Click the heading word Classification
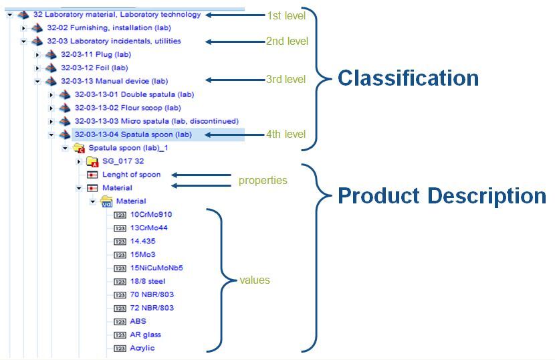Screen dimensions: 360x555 click(408, 78)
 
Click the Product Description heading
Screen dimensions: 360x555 click(442, 196)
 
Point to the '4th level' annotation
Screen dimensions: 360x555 click(286, 134)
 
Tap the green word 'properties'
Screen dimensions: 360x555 click(263, 181)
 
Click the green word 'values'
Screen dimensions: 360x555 click(255, 280)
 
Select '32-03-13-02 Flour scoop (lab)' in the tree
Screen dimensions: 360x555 click(128, 108)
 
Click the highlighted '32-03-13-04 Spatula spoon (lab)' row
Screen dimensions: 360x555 click(133, 134)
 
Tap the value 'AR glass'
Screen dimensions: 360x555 click(146, 335)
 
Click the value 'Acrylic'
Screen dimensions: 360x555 click(143, 348)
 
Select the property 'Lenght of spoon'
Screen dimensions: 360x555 click(131, 175)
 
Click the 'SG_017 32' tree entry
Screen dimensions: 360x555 click(122, 161)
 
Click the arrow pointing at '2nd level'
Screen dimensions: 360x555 click(234, 41)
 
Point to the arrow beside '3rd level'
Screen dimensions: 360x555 click(234, 80)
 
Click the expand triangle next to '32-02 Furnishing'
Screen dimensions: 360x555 click(23, 28)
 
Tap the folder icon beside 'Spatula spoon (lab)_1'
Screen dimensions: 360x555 click(78, 148)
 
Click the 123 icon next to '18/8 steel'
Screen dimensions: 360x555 click(120, 282)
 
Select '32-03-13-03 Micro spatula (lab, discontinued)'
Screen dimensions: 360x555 click(156, 121)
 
